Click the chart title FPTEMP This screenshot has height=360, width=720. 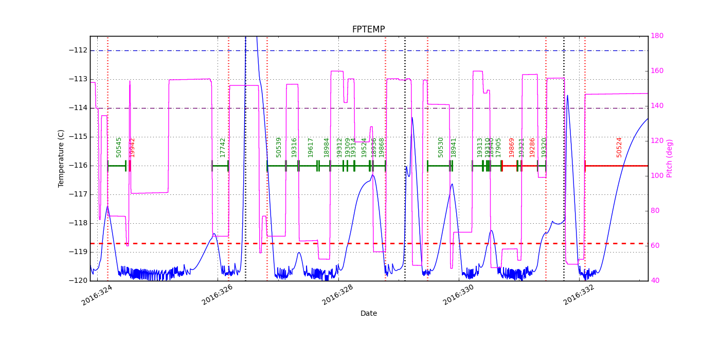368,30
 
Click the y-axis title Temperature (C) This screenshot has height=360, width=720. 61,158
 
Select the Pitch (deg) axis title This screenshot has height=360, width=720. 670,158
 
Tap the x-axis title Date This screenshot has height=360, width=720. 368,314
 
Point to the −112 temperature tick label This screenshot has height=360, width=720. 78,50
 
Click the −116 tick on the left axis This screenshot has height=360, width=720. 78,166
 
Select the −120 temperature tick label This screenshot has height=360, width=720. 78,281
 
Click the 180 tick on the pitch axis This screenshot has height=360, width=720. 657,36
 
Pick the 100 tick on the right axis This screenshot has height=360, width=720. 657,176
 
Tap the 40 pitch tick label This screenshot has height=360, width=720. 655,281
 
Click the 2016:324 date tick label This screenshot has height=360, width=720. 97,295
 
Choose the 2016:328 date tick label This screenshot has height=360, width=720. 337,295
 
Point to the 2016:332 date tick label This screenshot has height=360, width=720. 579,295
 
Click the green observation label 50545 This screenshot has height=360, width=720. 119,147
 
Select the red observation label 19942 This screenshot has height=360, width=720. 132,147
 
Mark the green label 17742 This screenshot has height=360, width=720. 223,147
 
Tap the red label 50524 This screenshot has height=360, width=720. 619,147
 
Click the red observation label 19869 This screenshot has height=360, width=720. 512,147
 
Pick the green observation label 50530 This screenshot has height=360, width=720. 441,147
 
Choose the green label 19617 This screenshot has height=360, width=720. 311,147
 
